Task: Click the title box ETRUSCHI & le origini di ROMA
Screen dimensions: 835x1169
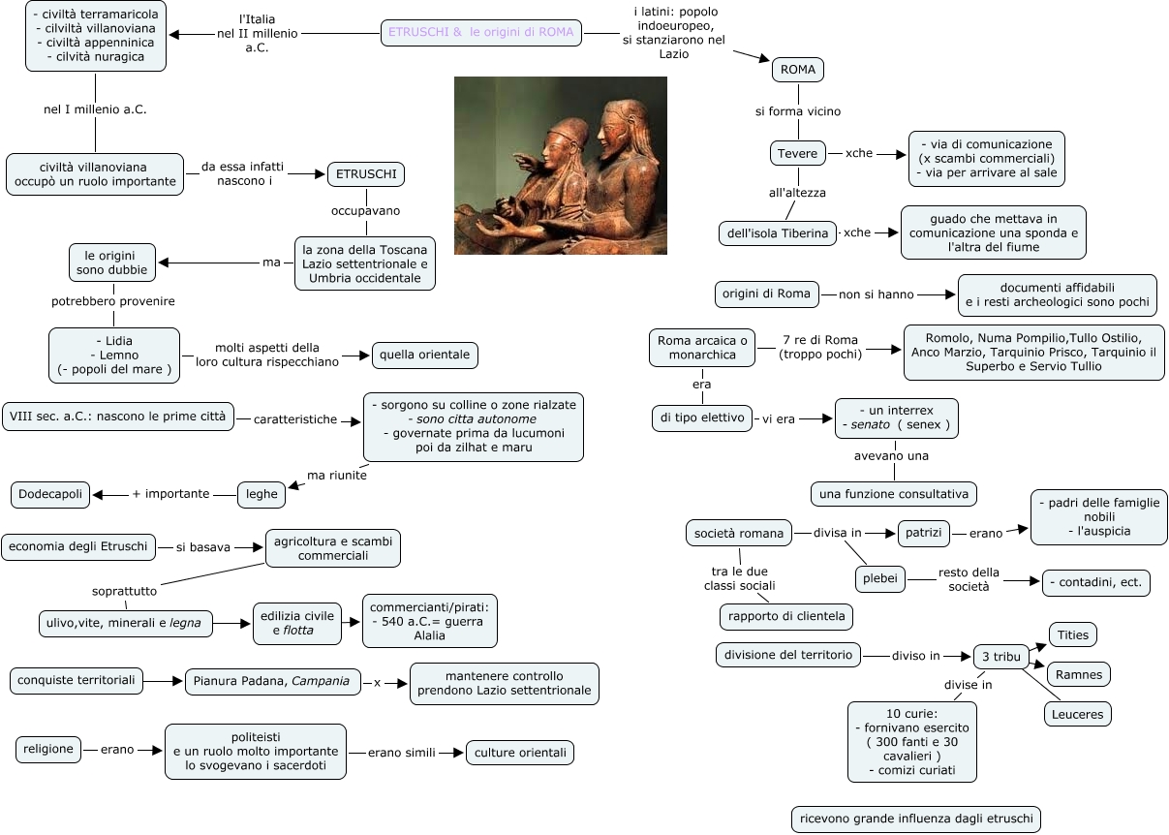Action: pos(480,32)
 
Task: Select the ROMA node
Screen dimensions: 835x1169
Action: pos(798,70)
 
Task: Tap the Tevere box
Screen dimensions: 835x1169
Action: pos(798,153)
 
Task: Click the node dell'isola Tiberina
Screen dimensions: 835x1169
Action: pos(777,233)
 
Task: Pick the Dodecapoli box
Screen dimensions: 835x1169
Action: pos(51,494)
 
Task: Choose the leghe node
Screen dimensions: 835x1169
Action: pos(261,494)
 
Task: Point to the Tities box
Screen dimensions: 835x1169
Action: pos(1072,635)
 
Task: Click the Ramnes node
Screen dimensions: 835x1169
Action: pos(1079,673)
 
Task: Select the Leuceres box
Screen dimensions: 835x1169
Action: pos(1077,715)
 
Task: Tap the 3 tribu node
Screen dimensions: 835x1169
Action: pos(1000,656)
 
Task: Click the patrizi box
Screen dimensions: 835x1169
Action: pos(923,533)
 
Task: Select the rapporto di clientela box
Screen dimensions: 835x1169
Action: pos(786,616)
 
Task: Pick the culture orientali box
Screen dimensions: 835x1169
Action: pos(520,753)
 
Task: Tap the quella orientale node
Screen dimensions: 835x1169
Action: pos(424,356)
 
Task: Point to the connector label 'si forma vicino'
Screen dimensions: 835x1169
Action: pos(797,111)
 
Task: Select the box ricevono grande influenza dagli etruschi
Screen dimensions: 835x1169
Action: pos(915,819)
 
